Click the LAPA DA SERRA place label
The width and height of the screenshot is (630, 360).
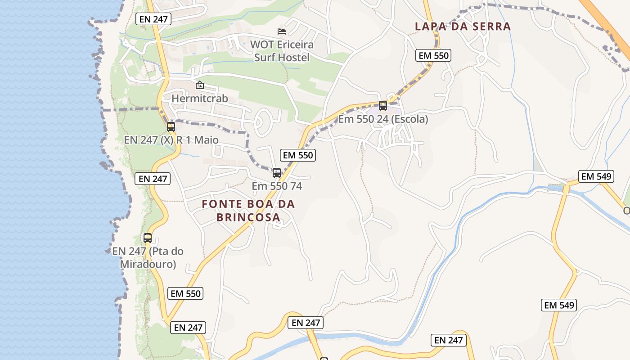click(x=463, y=26)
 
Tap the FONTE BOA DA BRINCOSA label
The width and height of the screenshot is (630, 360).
click(x=248, y=210)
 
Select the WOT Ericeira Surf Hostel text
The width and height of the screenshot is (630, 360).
click(x=282, y=51)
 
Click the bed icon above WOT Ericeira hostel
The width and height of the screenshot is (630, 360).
click(x=282, y=31)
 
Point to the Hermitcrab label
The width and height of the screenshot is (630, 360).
click(x=200, y=98)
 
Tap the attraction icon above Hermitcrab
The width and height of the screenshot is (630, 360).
click(x=200, y=85)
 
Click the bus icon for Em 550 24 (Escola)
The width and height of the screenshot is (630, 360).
click(x=383, y=106)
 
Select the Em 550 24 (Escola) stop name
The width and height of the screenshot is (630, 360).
click(x=383, y=119)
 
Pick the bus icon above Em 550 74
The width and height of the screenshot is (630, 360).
click(x=277, y=172)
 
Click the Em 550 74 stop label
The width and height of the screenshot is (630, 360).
click(x=277, y=186)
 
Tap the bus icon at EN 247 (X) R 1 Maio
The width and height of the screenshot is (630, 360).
click(x=171, y=126)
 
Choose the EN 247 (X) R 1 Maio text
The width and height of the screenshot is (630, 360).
click(x=171, y=140)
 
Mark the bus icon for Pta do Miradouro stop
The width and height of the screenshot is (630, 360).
click(x=148, y=238)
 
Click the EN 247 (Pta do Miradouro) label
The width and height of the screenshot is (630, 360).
click(x=148, y=257)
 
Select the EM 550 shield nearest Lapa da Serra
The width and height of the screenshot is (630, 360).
click(x=433, y=55)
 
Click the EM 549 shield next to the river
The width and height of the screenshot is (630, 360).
click(x=596, y=176)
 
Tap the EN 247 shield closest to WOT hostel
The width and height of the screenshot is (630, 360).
click(x=153, y=19)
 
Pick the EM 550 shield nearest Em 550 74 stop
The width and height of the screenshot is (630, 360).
click(x=297, y=155)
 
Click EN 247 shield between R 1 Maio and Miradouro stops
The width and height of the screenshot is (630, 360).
click(x=153, y=179)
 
